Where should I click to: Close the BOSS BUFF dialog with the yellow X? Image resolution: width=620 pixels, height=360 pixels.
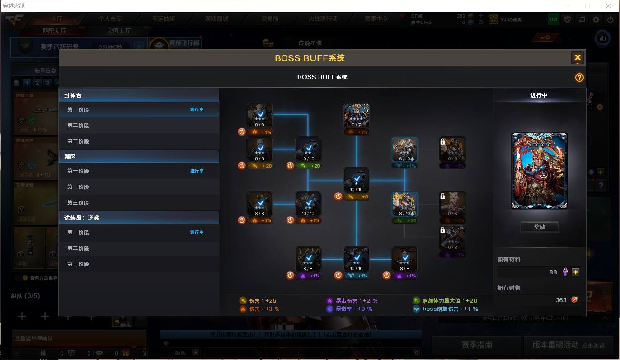tap(577, 58)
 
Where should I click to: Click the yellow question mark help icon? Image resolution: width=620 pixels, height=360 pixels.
tap(579, 77)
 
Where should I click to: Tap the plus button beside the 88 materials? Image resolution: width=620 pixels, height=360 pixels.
tap(575, 272)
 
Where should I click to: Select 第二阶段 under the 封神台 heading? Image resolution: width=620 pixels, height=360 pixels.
tap(78, 126)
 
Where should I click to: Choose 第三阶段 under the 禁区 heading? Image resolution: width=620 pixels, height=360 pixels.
tap(78, 203)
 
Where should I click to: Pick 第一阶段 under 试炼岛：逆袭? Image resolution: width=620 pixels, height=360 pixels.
tap(78, 233)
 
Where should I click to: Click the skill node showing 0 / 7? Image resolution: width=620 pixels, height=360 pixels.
tap(356, 116)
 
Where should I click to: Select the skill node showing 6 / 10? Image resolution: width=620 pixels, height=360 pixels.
tap(404, 150)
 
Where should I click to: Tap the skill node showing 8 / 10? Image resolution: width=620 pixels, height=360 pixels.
tap(404, 204)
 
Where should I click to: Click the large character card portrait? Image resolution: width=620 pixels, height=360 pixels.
tap(539, 171)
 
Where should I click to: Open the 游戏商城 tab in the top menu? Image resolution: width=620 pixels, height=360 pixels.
tap(216, 19)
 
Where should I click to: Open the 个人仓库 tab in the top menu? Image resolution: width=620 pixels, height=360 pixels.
tap(110, 19)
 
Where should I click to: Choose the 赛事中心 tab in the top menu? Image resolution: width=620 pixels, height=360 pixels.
tap(376, 19)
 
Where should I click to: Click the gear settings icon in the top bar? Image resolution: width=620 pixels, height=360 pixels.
tap(596, 19)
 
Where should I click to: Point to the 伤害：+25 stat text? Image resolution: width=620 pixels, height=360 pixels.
tap(263, 300)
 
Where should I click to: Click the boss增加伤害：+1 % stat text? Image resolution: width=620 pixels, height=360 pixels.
tap(450, 309)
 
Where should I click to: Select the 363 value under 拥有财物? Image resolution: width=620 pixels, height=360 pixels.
tap(561, 300)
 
